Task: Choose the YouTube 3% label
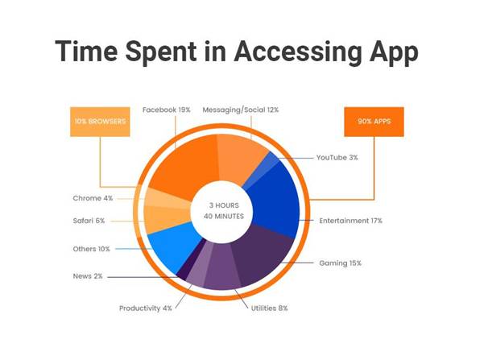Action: point(337,157)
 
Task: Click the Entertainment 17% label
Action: point(350,220)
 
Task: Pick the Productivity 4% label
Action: point(146,308)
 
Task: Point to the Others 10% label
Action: point(92,249)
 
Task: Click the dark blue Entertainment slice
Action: point(278,197)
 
